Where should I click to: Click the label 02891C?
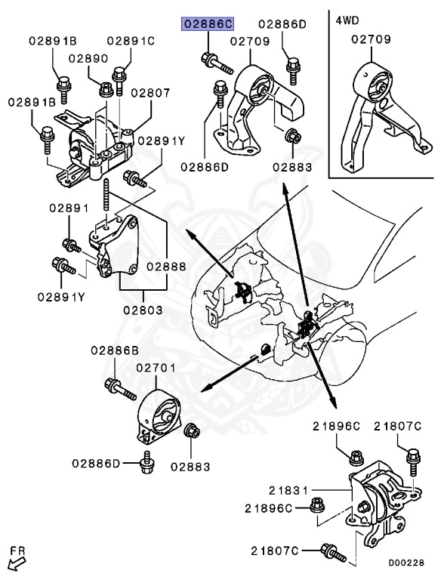(130, 40)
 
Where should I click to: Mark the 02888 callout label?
(167, 266)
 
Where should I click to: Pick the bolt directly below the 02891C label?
(119, 75)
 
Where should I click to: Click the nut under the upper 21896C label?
(356, 457)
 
